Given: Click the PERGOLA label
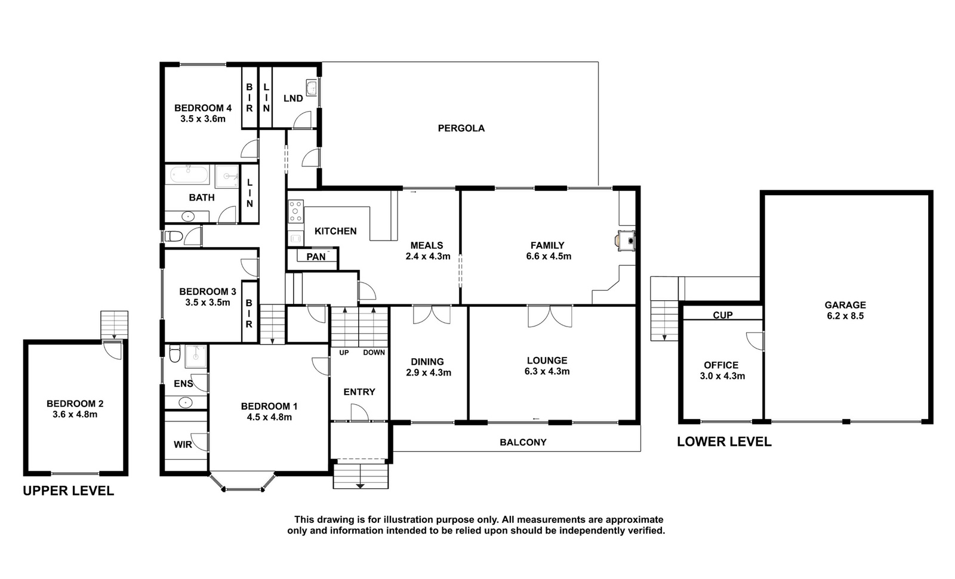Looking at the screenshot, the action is [461, 128].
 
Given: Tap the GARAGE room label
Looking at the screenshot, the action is [845, 305].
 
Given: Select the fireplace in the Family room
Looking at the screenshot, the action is [626, 241].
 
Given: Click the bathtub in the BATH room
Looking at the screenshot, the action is [189, 175].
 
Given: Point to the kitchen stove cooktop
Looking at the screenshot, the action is [296, 211].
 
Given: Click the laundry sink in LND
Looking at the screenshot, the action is [312, 88].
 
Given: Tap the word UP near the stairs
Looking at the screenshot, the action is [344, 353].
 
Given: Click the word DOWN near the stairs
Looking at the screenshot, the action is [374, 353].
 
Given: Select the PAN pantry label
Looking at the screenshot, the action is [316, 257].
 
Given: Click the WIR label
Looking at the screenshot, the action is [183, 445].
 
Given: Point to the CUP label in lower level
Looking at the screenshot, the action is [723, 315].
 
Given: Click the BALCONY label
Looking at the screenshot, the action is [523, 442].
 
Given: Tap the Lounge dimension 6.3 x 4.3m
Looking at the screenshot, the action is [547, 371].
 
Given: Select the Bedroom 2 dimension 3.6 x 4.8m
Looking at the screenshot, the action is [75, 414].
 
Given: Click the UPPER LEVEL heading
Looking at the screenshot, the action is [68, 491].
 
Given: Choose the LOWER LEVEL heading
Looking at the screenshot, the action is [725, 442].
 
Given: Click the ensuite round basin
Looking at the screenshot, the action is [186, 402].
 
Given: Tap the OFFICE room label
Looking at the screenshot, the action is [722, 365].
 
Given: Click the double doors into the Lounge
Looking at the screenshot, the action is [550, 316].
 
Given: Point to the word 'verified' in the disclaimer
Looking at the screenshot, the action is [645, 531].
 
